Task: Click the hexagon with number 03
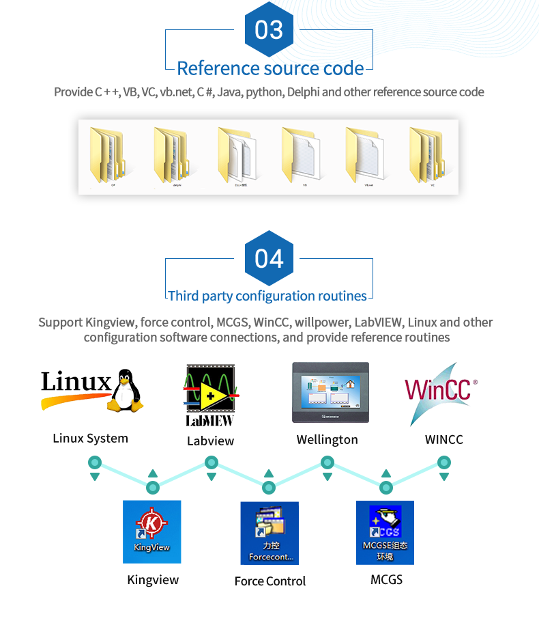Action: click(269, 30)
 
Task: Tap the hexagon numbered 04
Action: click(269, 259)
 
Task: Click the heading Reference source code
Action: click(269, 68)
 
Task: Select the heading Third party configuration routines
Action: click(267, 296)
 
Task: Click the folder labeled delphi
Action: click(171, 155)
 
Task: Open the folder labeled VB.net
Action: click(368, 155)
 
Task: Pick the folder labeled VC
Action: click(429, 155)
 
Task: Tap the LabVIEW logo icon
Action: click(210, 395)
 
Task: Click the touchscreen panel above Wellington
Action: click(330, 393)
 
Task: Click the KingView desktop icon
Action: click(151, 531)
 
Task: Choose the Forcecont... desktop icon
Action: click(270, 533)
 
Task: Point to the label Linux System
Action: click(90, 439)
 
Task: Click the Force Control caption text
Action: click(270, 581)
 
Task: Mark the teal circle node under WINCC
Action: click(444, 463)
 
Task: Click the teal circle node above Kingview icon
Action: click(153, 487)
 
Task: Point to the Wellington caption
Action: click(327, 440)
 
